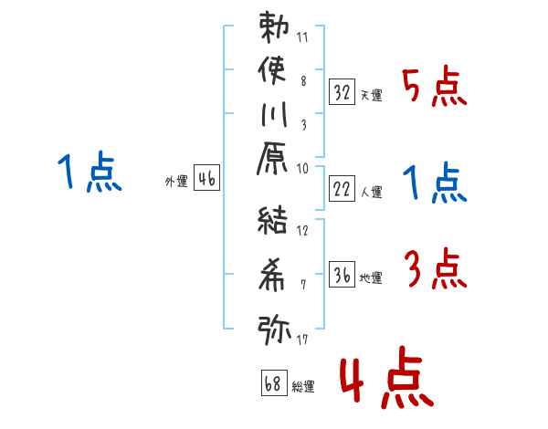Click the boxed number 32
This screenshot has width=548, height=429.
point(342,91)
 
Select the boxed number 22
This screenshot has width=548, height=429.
point(342,191)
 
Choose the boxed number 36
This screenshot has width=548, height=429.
point(342,275)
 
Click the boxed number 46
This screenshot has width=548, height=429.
point(206,180)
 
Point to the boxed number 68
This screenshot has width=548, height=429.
point(272,382)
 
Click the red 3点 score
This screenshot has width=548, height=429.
point(434,270)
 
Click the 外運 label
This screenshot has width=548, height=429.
point(176,182)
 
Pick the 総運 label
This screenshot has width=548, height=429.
point(302,386)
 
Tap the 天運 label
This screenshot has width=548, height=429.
point(371,95)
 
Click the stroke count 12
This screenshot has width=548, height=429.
point(302,230)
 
